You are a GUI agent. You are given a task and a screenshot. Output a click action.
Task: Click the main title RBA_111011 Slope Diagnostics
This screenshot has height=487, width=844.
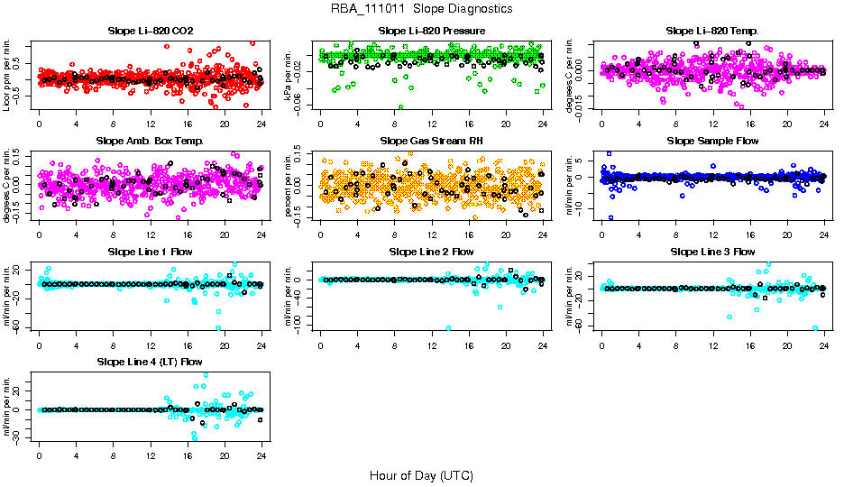point(422,9)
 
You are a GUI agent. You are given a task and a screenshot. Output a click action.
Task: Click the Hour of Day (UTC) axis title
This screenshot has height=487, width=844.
point(421,474)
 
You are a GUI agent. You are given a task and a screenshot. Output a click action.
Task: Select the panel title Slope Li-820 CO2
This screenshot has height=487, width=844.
point(150,32)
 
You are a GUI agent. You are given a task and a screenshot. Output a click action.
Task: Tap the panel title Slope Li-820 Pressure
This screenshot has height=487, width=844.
point(432,32)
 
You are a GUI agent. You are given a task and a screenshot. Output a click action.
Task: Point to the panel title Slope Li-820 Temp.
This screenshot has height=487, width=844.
point(712,32)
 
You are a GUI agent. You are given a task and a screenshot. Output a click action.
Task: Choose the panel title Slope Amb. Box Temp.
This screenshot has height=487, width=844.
point(150,142)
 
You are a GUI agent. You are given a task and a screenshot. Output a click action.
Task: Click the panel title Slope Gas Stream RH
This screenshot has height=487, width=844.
point(432,142)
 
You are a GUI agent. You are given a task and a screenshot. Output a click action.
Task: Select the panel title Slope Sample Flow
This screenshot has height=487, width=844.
point(712,142)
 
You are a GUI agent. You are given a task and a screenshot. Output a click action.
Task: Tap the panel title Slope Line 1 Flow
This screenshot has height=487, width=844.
point(150,252)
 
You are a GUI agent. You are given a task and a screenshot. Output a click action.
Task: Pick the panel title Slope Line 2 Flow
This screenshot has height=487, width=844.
point(432,252)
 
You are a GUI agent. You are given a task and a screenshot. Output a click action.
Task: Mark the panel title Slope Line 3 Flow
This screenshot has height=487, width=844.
point(712,252)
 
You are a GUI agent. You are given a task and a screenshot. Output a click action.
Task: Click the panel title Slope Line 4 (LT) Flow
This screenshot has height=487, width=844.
point(150,362)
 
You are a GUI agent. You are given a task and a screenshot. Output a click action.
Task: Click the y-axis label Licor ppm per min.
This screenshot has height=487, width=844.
point(8,78)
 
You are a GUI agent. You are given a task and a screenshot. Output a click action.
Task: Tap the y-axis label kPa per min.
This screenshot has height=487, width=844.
point(290,78)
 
